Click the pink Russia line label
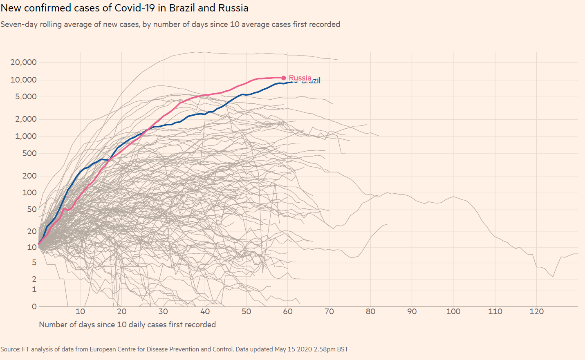300,78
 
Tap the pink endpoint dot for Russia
284,78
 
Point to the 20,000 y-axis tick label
23,62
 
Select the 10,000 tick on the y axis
23,80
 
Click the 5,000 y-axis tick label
26,97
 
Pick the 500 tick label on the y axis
29,154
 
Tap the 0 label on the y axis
34,306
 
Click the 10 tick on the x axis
80,312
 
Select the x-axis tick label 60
288,312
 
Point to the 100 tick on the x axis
453,312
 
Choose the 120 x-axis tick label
536,312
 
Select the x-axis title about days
127,324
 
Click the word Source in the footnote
10,349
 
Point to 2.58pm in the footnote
323,349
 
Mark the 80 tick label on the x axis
370,312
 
